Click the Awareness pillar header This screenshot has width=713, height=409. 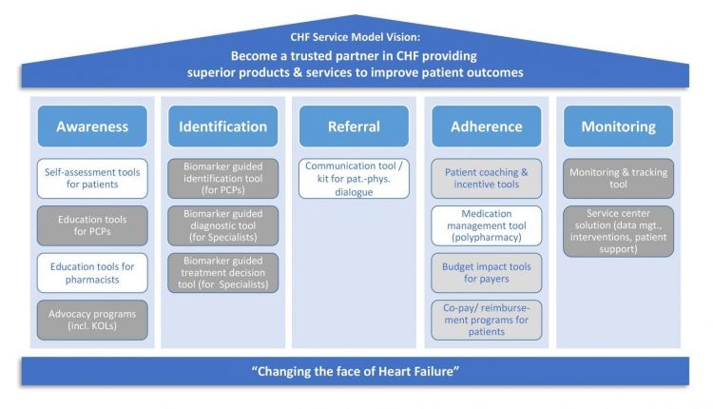coord(92,126)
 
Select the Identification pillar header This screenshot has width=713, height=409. coord(222,126)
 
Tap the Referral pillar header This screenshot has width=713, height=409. coord(354,126)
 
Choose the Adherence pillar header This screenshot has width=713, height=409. coord(487,126)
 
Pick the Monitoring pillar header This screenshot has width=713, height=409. coord(619,126)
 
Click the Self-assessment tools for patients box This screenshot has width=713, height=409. coord(92,178)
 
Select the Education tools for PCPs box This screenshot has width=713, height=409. coord(92,225)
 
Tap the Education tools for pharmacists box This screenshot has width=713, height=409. coord(92,273)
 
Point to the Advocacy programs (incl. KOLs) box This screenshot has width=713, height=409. coord(92,320)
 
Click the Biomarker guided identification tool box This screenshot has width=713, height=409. coord(222,178)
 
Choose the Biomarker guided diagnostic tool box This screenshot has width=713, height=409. coord(222,225)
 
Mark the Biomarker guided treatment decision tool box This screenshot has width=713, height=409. coord(222,273)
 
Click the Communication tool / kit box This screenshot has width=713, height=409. coord(354,178)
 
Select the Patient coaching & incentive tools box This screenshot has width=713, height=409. coord(487,178)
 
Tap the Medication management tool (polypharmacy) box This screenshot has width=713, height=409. coord(487,225)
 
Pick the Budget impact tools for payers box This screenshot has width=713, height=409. coord(487,273)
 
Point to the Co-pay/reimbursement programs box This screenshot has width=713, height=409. coord(487,320)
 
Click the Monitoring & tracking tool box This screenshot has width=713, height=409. coord(619,178)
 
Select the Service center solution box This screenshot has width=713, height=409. coord(619,231)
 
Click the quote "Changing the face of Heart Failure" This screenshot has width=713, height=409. coord(356,371)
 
